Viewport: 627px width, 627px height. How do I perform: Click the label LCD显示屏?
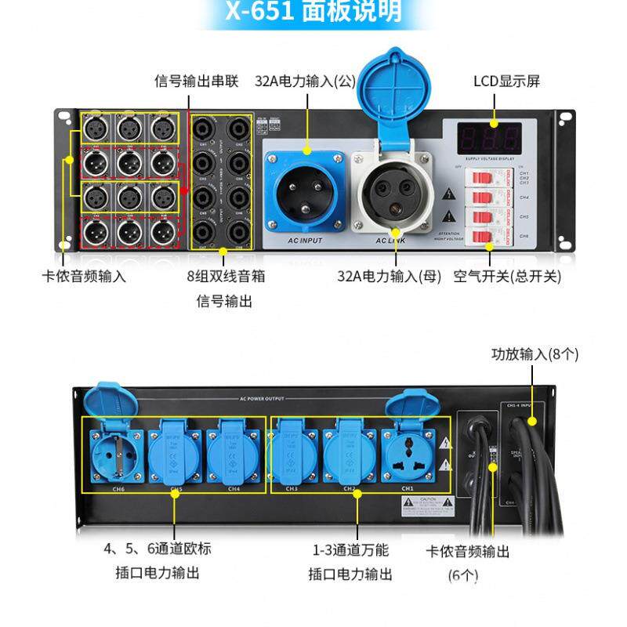[x=506, y=82]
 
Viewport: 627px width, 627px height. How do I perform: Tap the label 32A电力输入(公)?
[x=305, y=82]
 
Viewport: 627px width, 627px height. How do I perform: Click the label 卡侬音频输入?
[x=84, y=276]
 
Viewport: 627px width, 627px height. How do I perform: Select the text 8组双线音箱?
[x=223, y=276]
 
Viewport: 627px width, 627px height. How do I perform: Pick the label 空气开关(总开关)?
[x=507, y=276]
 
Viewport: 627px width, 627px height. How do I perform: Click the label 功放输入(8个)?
[x=535, y=354]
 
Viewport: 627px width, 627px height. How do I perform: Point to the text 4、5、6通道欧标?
[x=158, y=549]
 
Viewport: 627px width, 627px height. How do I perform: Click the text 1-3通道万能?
[x=350, y=549]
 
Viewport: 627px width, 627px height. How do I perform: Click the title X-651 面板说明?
[x=313, y=12]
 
